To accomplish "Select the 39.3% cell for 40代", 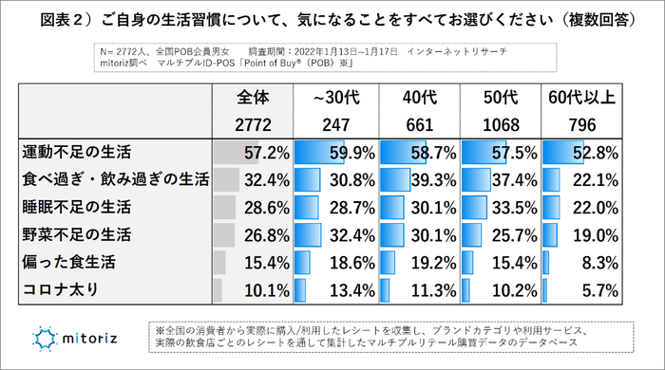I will (433, 179).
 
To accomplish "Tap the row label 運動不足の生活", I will (76, 152).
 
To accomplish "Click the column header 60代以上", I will (581, 98).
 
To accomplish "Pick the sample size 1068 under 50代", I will (500, 124).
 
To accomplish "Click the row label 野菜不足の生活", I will (76, 234).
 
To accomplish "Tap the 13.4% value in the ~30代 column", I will (351, 289).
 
